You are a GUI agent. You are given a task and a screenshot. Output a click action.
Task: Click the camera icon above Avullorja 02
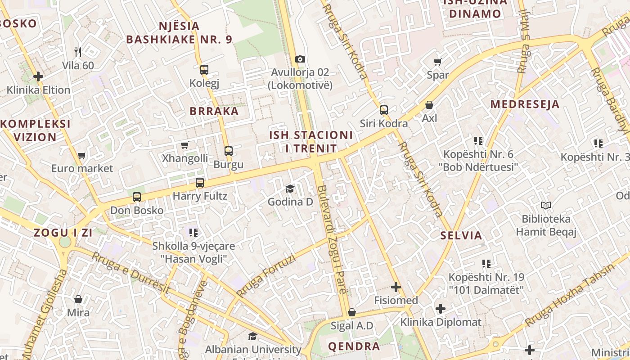[300, 59]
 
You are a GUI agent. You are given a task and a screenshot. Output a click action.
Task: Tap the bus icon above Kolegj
[204, 69]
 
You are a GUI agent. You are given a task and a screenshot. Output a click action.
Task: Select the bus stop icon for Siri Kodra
[384, 110]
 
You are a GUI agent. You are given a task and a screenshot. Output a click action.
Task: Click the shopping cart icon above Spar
[437, 62]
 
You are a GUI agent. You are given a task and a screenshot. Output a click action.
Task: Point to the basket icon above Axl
[429, 105]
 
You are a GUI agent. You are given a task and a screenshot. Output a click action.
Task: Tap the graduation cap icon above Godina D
[290, 189]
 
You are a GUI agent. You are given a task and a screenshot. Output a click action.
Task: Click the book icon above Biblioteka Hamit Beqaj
[546, 206]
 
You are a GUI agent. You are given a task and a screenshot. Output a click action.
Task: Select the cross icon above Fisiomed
[396, 287]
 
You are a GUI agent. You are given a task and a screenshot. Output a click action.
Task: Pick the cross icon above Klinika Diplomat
[441, 309]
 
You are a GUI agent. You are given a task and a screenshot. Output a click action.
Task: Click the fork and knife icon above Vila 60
[78, 52]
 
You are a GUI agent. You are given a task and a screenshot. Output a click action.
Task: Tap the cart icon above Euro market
[81, 155]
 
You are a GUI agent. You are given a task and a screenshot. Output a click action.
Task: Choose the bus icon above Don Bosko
[137, 197]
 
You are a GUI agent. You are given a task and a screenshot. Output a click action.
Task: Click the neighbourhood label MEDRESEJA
[525, 104]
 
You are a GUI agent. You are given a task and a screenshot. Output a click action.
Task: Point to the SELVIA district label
[461, 235]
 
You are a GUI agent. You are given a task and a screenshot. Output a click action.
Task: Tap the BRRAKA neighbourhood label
[214, 111]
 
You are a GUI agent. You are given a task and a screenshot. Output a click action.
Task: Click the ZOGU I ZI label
[63, 233]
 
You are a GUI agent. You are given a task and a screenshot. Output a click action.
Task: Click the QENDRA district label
[354, 346]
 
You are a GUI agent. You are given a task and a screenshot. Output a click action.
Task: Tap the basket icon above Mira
[78, 299]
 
